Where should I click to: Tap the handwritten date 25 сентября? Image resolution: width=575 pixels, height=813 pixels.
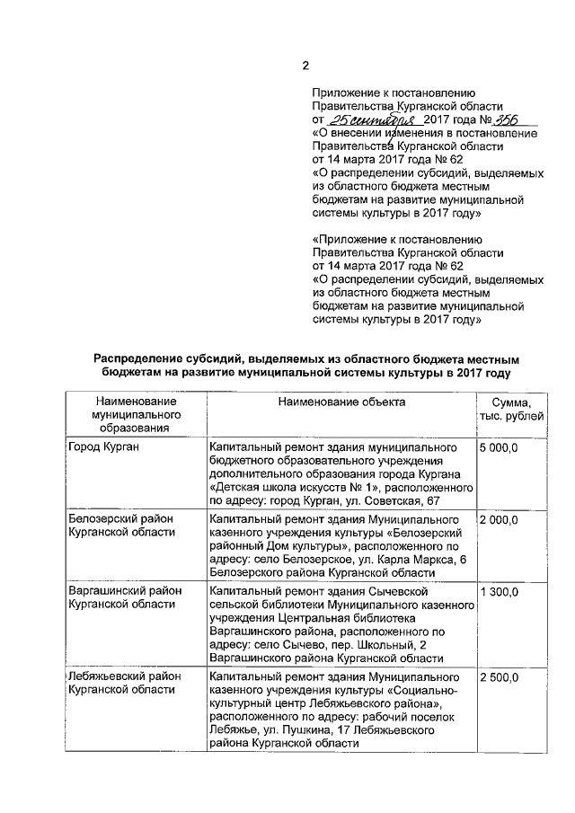pos(362,119)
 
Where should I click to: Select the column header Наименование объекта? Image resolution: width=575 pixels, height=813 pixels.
pos(341,402)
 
